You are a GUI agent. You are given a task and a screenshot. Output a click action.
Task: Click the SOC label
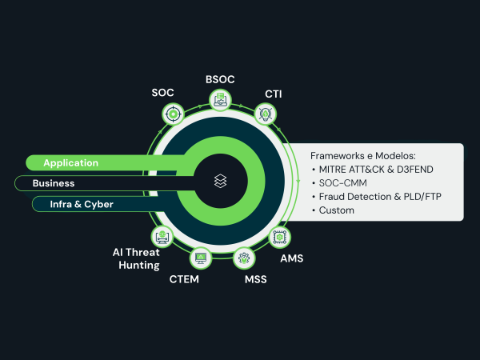point(162,93)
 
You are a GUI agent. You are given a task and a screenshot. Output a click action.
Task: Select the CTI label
point(273,94)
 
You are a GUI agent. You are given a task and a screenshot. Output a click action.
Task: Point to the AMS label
point(291,258)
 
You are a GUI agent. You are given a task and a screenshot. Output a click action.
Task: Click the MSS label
point(255,279)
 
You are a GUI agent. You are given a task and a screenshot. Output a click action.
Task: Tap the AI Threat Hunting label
point(136,258)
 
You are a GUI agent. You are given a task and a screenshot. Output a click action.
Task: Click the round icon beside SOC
point(173,115)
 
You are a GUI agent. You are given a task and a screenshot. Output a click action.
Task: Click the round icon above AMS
point(280,237)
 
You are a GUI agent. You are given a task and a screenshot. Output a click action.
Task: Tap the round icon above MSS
point(244,258)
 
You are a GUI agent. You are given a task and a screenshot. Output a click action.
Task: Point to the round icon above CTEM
point(199,258)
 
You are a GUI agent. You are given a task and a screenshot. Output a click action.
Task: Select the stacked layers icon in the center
point(221,182)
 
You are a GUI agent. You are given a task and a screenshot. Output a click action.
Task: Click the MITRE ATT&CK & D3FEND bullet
point(376,170)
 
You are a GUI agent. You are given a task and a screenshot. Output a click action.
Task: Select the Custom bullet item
point(336,210)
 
